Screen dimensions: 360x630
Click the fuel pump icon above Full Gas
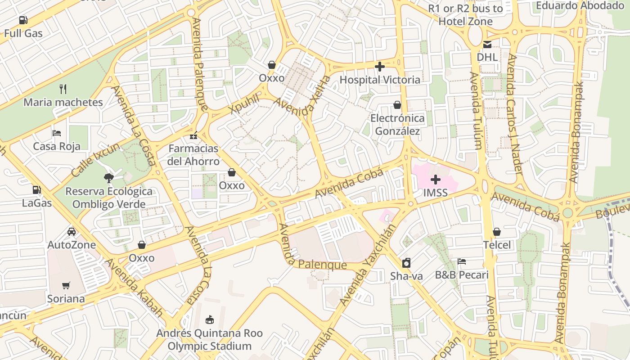coord(23,20)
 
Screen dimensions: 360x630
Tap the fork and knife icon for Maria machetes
coord(63,89)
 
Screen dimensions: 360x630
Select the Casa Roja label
coord(57,146)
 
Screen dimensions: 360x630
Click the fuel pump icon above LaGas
coord(36,190)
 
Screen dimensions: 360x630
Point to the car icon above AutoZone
coord(72,232)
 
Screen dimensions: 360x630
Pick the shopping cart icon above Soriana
coord(66,285)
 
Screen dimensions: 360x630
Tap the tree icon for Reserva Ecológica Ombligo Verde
coord(108,178)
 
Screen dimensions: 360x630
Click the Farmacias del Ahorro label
coord(193,155)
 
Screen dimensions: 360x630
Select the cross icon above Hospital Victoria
coord(380,67)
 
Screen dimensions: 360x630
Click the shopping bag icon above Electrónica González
coord(397,105)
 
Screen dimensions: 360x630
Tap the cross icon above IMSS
coord(435,180)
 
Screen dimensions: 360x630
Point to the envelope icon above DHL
coord(487,44)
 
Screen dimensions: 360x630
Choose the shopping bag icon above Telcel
coord(497,232)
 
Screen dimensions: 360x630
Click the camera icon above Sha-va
coord(406,263)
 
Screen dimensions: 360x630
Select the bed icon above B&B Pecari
coord(461,261)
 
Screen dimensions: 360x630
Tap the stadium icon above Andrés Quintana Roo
coord(209,320)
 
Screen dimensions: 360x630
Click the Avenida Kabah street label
coord(134,288)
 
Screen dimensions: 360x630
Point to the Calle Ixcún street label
coord(95,160)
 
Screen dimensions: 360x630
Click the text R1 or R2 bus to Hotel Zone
coord(465,15)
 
